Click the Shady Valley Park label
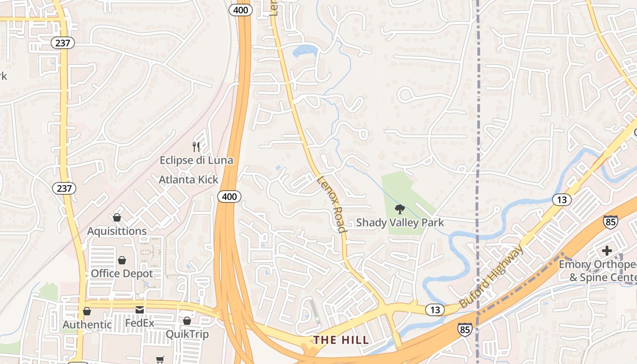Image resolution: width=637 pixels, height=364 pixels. click(x=400, y=222)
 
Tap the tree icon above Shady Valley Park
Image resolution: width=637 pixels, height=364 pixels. click(x=400, y=209)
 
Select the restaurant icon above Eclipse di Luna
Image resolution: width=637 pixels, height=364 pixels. click(x=196, y=147)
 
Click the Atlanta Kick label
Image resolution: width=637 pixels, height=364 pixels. click(x=188, y=180)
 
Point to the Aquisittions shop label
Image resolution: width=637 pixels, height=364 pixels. click(x=117, y=231)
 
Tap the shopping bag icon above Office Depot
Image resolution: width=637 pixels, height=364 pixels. click(x=122, y=260)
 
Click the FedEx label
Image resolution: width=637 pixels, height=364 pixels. click(x=140, y=324)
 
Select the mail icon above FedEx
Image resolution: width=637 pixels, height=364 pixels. click(x=140, y=310)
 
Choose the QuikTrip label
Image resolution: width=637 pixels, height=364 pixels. click(x=187, y=334)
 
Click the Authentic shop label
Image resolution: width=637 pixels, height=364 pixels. click(x=87, y=325)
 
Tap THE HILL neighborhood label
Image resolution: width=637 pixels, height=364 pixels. click(x=341, y=340)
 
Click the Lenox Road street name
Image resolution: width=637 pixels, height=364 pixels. click(x=331, y=204)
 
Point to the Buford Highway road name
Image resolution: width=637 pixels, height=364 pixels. click(x=491, y=277)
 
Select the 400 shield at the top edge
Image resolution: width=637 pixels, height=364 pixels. click(x=240, y=9)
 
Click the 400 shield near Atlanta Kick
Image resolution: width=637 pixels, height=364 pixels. click(x=229, y=197)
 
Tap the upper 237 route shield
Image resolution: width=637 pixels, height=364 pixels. click(x=62, y=43)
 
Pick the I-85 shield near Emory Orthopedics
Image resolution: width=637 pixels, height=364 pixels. click(x=611, y=222)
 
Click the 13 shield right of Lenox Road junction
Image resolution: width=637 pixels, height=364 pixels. click(x=435, y=310)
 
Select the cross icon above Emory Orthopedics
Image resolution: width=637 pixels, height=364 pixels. click(x=607, y=250)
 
